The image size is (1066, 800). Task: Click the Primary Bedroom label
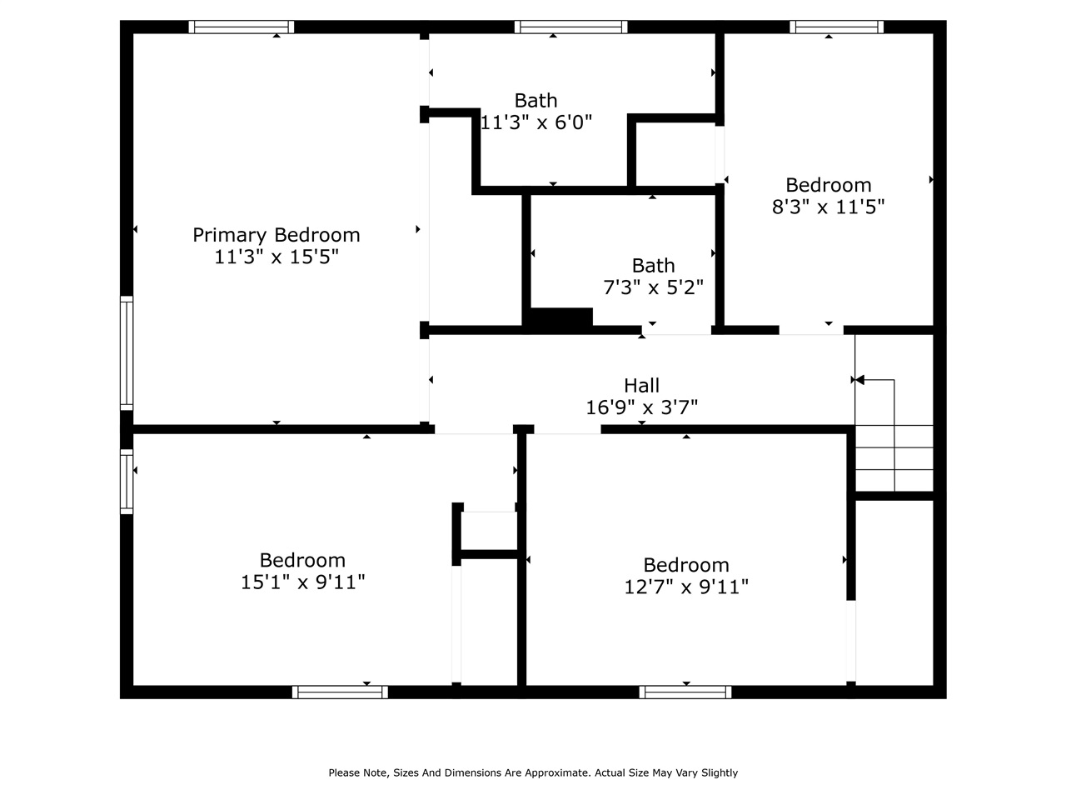click(276, 236)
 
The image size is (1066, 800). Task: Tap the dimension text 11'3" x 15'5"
click(276, 257)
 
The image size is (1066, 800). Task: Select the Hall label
click(641, 386)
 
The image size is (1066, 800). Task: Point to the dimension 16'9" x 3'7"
click(641, 407)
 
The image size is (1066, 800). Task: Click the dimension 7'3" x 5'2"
click(653, 287)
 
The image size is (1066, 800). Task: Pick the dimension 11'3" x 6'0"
click(536, 122)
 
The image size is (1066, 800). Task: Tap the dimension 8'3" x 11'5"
click(829, 207)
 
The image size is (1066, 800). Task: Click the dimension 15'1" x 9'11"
click(302, 582)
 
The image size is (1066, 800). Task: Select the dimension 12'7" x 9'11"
click(686, 587)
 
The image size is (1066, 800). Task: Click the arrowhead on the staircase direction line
click(859, 380)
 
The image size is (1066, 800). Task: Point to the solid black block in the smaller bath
click(561, 317)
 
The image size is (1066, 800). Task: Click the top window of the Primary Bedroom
click(242, 27)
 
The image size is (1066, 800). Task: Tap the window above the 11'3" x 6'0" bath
click(571, 27)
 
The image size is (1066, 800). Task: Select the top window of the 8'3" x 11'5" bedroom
click(836, 27)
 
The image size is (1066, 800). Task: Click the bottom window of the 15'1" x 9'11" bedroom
click(340, 692)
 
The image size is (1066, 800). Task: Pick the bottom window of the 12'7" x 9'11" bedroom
click(685, 692)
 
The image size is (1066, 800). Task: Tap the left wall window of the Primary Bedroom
click(127, 353)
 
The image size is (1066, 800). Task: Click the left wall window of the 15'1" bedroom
click(127, 482)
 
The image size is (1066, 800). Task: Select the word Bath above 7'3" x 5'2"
click(653, 266)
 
